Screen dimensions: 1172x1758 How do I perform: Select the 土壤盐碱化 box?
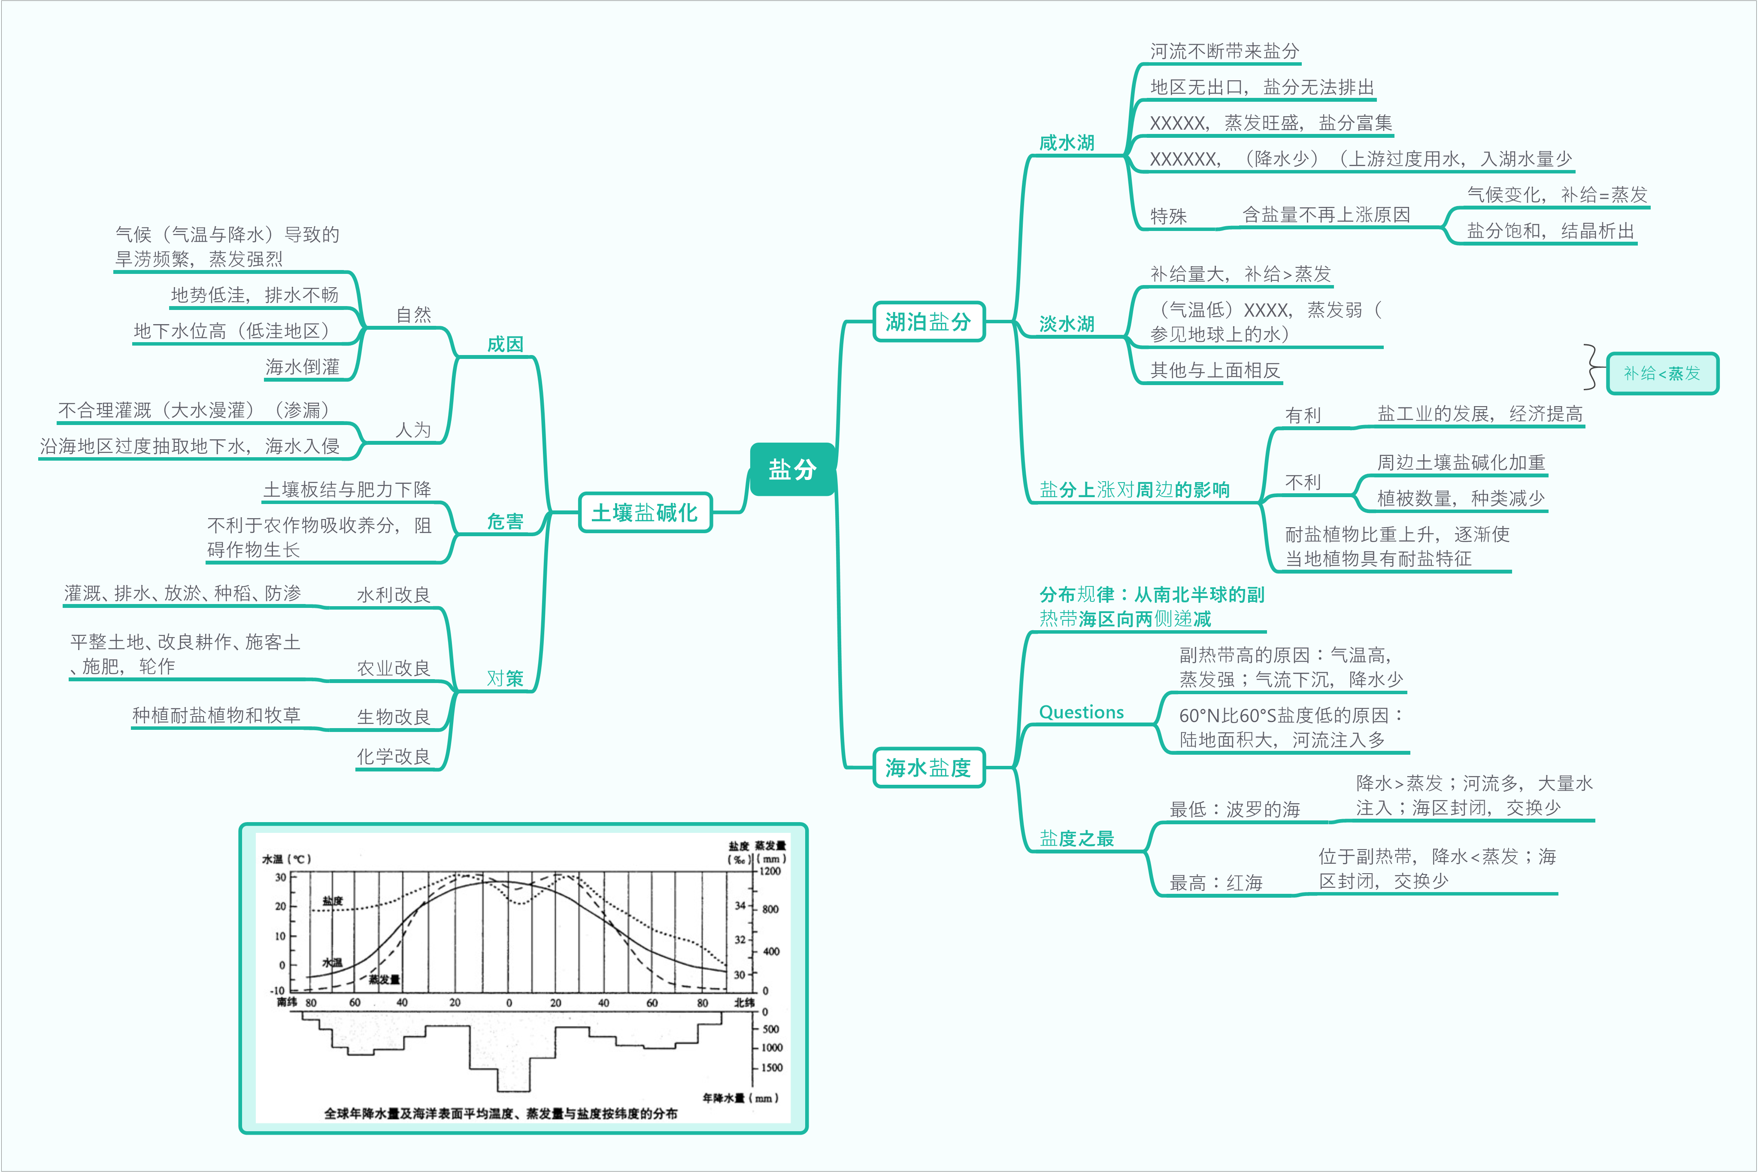coord(645,513)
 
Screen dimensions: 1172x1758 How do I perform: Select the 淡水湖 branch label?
coord(1067,324)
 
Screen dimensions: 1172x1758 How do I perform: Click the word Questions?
coord(1081,712)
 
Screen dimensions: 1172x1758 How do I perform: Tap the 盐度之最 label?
coord(1076,838)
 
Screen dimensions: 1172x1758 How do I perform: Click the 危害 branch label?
coord(505,522)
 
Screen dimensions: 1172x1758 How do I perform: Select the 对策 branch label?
coord(505,679)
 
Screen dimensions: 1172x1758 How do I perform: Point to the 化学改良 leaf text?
coord(394,756)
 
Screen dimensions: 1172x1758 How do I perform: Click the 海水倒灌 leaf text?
coord(303,367)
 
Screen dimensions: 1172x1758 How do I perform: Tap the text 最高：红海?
coord(1215,883)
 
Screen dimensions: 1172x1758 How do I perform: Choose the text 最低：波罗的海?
coord(1234,810)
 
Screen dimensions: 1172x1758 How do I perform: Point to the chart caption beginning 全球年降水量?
coord(500,1113)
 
